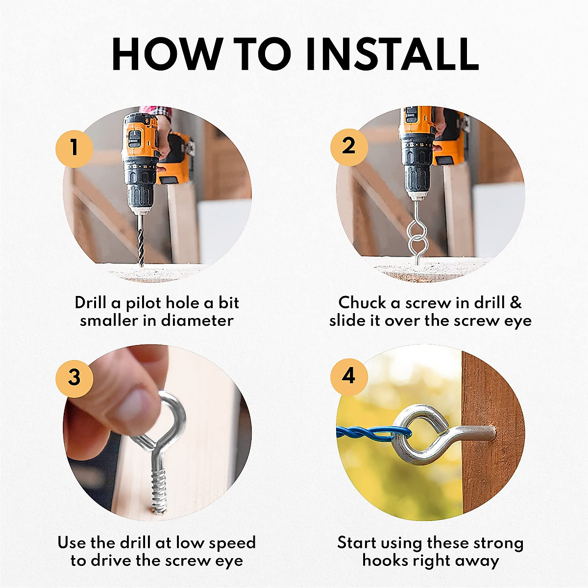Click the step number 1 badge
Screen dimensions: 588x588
tap(74, 148)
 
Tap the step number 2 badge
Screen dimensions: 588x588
tap(349, 147)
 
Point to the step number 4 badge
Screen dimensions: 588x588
tap(349, 377)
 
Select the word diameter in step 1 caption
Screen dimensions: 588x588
tap(197, 320)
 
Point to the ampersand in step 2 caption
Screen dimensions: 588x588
tap(515, 303)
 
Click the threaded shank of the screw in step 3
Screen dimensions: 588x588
tap(159, 484)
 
